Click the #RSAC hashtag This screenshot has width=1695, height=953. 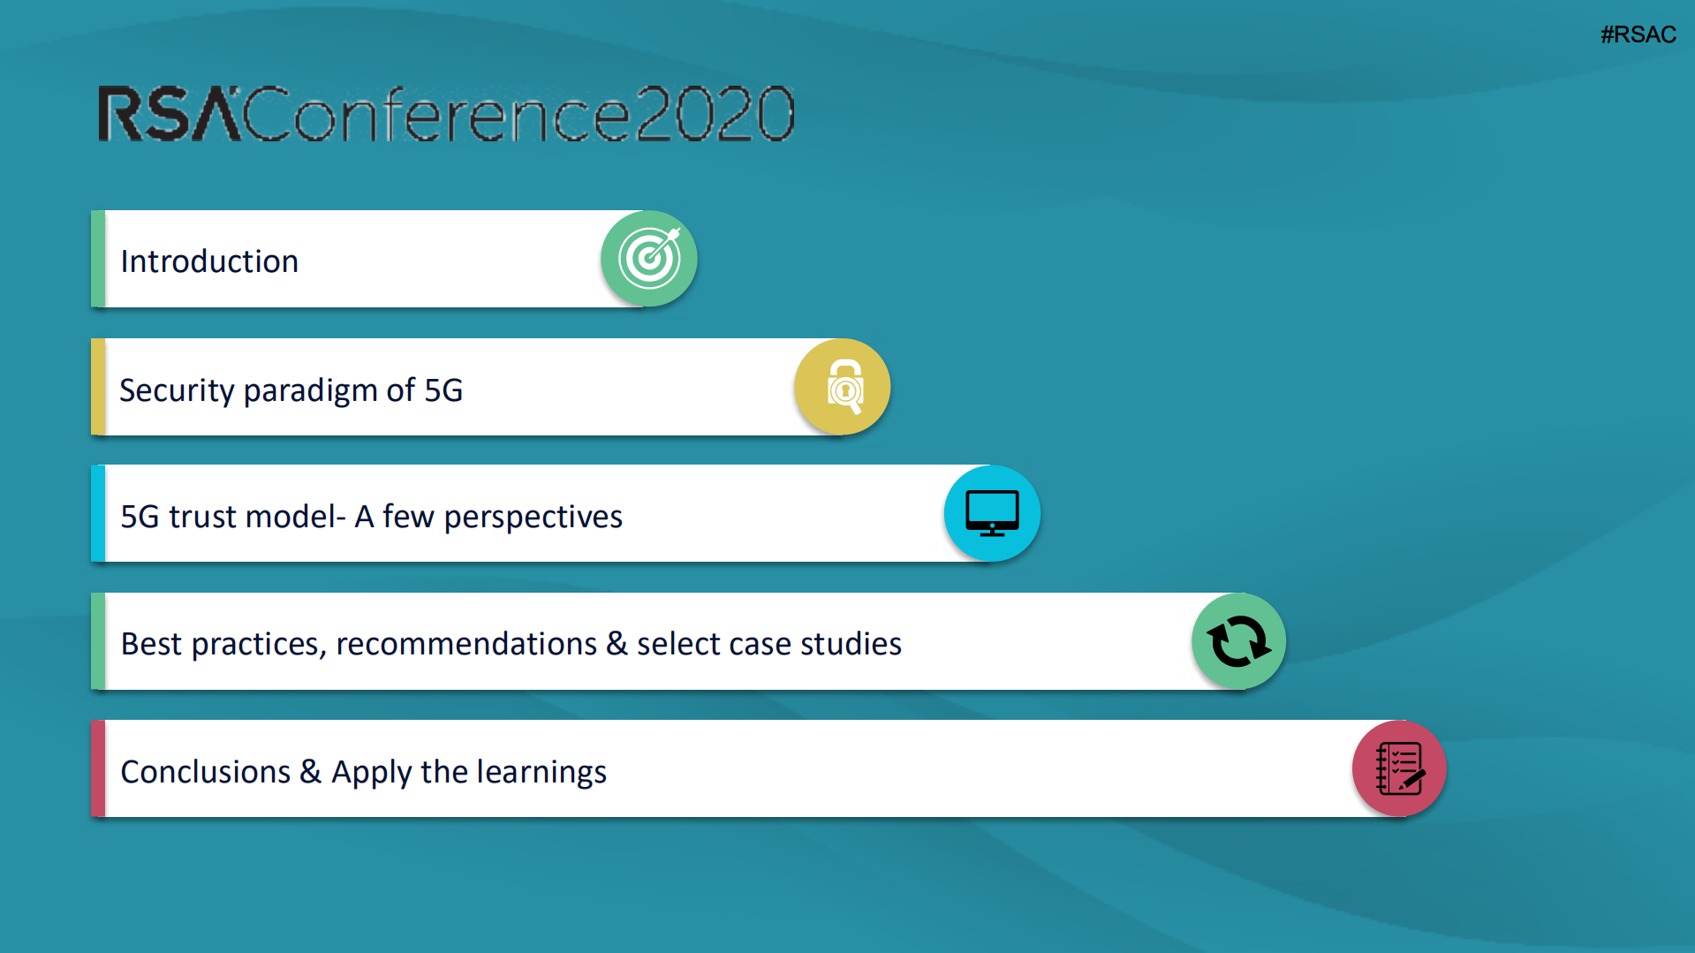point(1638,34)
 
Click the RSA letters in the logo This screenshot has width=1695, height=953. point(169,114)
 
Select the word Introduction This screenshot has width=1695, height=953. point(209,261)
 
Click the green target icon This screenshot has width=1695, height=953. point(649,259)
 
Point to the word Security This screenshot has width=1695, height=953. point(177,390)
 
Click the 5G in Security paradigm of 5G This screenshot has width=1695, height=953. point(443,390)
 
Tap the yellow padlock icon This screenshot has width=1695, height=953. point(843,387)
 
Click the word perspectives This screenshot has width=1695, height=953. point(533,518)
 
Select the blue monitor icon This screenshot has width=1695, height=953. point(992,513)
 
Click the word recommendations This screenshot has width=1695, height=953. point(466,644)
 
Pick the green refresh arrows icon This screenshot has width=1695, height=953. point(1238,641)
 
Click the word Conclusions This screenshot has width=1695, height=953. point(206,772)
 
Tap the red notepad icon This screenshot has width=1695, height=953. point(1399,768)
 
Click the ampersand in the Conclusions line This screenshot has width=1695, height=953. point(311,771)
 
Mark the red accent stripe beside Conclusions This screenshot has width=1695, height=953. point(98,768)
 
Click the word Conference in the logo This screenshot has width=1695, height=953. point(437,114)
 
